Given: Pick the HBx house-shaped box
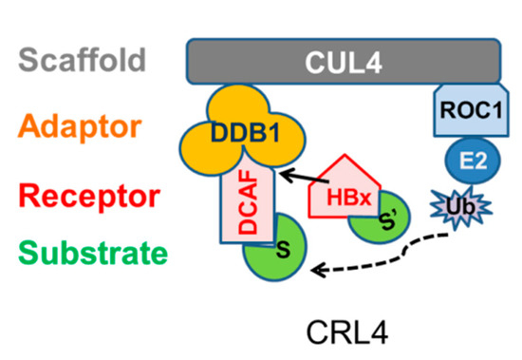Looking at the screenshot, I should (x=338, y=191).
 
